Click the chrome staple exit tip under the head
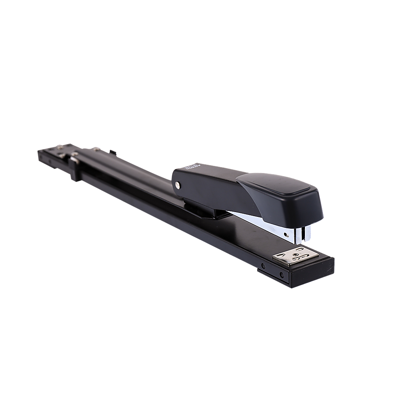[302, 235]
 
